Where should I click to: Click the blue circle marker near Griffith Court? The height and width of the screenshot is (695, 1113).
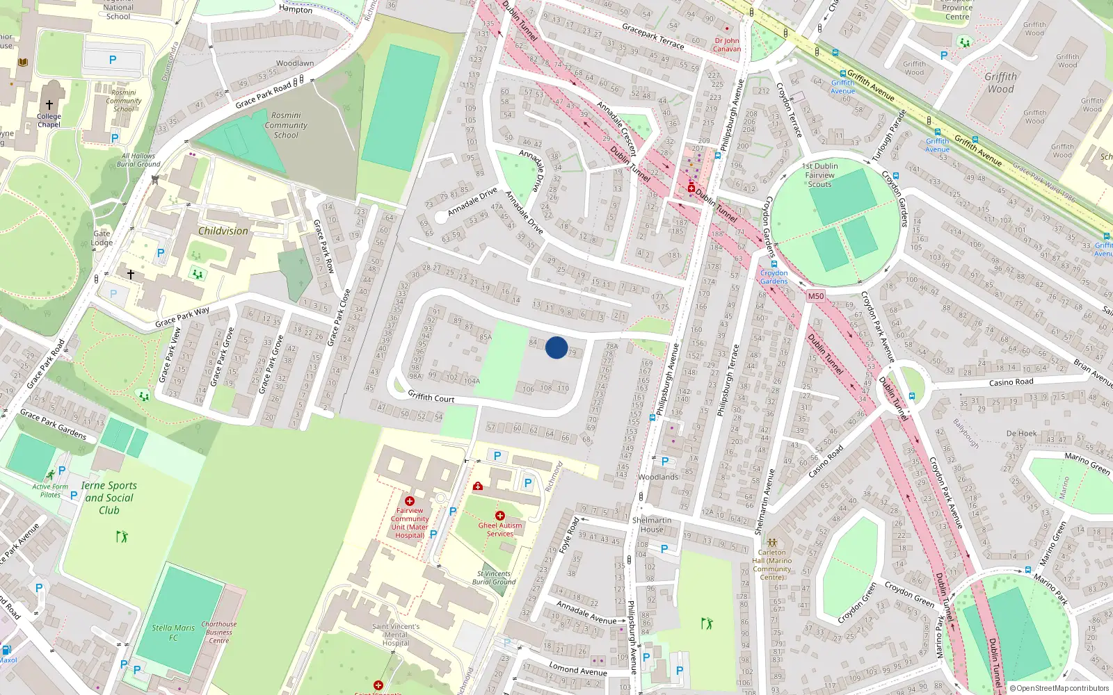click(556, 347)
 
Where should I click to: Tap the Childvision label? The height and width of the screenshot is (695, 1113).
click(223, 231)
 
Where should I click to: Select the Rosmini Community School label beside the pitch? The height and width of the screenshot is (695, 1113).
click(286, 125)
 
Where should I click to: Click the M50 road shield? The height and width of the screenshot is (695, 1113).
click(815, 296)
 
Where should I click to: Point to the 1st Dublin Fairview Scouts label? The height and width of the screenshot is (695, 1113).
click(819, 175)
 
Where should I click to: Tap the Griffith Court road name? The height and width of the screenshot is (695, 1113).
click(431, 397)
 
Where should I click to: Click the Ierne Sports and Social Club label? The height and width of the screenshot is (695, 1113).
click(109, 498)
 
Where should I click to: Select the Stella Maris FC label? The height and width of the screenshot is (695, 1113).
click(173, 632)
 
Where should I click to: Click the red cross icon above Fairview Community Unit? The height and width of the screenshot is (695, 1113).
click(410, 500)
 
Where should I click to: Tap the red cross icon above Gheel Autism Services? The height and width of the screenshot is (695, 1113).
click(499, 516)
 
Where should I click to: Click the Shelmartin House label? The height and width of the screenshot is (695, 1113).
click(652, 525)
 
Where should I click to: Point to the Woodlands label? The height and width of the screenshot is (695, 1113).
click(658, 477)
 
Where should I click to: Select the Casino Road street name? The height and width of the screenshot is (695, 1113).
click(1011, 382)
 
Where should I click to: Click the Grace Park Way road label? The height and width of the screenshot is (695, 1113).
click(182, 317)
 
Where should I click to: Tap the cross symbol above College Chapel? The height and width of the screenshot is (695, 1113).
click(49, 105)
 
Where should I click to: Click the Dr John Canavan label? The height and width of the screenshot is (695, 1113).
click(727, 44)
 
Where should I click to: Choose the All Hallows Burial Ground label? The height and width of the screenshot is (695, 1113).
click(138, 160)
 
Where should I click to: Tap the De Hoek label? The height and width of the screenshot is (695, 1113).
click(1021, 433)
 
